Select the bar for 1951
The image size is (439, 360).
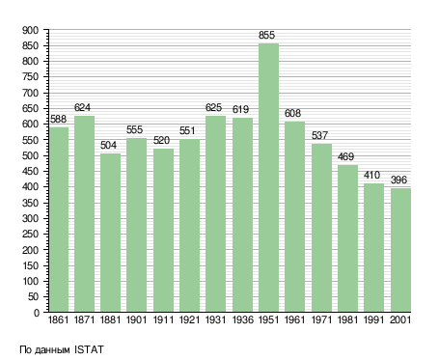click(x=268, y=178)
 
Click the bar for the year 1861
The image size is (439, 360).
click(x=59, y=219)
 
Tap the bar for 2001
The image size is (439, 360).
click(x=400, y=250)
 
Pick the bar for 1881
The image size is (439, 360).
click(x=110, y=233)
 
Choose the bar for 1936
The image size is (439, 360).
click(x=242, y=214)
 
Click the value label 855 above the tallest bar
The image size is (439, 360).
click(x=266, y=35)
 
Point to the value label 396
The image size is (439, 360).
click(x=398, y=180)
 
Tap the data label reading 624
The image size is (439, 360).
click(x=82, y=107)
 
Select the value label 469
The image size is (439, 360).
click(x=345, y=156)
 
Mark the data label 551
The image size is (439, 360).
click(x=187, y=130)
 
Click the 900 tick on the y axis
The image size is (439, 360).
click(x=30, y=31)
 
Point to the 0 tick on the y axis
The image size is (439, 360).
click(x=37, y=313)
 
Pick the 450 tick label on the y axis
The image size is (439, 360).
click(x=30, y=172)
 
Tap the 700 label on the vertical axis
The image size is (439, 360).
click(x=30, y=94)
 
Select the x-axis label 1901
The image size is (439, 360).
click(x=136, y=319)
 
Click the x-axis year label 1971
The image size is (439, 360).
click(x=321, y=319)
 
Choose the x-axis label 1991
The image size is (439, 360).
click(x=373, y=319)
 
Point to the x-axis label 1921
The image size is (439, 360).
click(x=189, y=319)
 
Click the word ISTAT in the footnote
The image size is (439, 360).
click(x=89, y=349)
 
